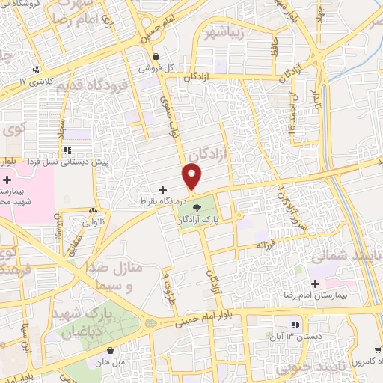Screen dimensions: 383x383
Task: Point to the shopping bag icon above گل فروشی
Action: [x=156, y=56]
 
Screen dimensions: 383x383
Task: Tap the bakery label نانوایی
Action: [x=93, y=221]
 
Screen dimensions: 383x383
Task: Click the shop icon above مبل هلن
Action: [x=111, y=352]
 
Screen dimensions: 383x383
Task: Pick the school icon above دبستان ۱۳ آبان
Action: [x=296, y=325]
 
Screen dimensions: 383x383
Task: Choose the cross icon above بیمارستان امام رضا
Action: [x=314, y=284]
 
